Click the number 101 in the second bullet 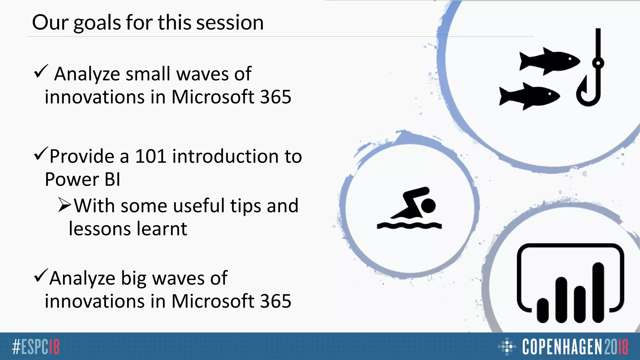point(150,156)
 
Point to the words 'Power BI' point(82,179)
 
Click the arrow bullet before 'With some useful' point(65,205)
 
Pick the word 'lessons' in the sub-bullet point(98,229)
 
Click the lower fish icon point(529,96)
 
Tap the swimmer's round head point(428,206)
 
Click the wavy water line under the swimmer point(409,226)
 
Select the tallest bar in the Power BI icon point(598,292)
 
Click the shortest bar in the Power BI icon point(542,310)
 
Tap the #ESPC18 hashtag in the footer point(36,347)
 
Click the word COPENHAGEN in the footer point(562,347)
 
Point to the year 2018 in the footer point(616,347)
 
